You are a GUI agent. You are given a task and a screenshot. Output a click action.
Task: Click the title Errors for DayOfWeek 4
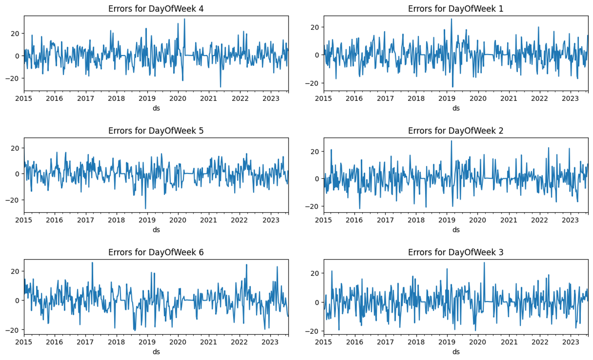(x=156, y=9)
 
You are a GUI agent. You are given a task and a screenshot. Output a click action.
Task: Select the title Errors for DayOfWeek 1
(x=456, y=9)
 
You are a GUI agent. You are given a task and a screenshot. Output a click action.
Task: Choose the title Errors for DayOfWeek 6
(x=156, y=252)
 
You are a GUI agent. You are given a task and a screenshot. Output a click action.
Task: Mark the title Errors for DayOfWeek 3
(x=456, y=252)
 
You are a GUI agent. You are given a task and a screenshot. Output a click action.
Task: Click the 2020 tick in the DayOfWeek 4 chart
(x=178, y=98)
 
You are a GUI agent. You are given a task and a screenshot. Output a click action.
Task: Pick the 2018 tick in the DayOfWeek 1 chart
(x=416, y=98)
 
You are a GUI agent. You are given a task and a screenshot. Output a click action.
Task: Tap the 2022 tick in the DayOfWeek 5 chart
(x=240, y=220)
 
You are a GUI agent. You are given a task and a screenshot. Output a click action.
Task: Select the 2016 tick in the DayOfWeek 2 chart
(x=354, y=220)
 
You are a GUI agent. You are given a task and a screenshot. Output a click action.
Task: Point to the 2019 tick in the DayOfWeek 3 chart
(x=447, y=341)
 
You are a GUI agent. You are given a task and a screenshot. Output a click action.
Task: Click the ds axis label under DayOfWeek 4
(x=156, y=108)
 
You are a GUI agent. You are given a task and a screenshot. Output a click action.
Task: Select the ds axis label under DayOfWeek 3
(x=456, y=352)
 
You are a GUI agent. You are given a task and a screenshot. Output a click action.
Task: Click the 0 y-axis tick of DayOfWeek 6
(x=18, y=300)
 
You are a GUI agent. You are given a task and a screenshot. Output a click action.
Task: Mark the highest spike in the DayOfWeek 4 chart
(x=184, y=19)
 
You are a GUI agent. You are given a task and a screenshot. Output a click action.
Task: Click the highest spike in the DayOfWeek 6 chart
(x=92, y=263)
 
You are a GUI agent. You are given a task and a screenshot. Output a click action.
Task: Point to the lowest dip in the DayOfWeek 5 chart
(x=145, y=208)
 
